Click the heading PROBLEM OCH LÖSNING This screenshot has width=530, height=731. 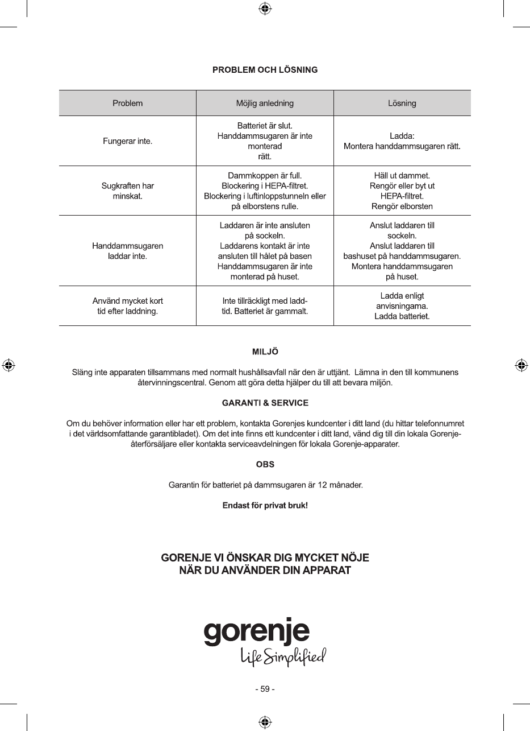coord(265,70)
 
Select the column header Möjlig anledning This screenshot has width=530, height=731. coord(265,104)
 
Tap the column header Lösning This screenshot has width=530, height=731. coord(402,104)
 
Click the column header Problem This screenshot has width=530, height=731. coord(128,104)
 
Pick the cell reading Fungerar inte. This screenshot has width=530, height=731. coord(128,141)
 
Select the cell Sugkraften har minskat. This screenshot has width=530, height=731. coord(128,191)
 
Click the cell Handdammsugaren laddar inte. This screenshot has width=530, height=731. coord(128,251)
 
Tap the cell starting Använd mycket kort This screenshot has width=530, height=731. coord(128,305)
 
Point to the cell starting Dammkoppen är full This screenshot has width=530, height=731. coord(265,191)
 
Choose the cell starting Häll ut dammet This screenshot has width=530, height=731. coord(402,191)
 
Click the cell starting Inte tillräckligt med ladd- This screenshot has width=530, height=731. coord(265,305)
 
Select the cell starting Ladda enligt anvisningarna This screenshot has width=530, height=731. coord(402,305)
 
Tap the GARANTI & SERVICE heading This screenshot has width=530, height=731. coord(265,403)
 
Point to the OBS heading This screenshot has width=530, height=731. coord(265,464)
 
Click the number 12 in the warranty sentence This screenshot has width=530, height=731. coord(323,485)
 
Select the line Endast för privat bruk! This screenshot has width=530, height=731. coord(265,505)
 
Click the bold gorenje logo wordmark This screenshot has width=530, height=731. coord(257,631)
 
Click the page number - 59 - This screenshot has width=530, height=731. coord(265,689)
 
